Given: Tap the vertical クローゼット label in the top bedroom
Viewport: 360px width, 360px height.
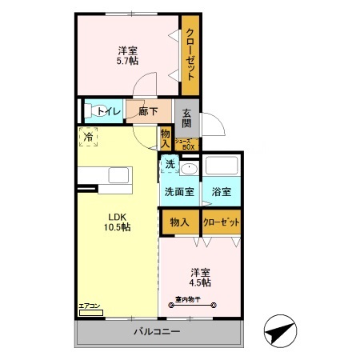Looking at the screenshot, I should (190, 54).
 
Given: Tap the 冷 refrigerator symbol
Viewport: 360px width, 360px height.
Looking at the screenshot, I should (89, 137).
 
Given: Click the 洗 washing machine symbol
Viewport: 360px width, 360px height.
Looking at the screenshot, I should (170, 164).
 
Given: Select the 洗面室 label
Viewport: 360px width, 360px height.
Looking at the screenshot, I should (179, 192).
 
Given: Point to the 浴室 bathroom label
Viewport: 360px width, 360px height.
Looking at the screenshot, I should (221, 192).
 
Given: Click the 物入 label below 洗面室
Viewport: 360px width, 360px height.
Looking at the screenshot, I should (179, 222).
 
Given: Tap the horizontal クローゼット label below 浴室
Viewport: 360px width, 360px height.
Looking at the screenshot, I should (221, 222).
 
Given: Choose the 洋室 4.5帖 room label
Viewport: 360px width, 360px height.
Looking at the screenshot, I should (200, 277).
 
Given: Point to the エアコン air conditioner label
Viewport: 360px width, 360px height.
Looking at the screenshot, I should (90, 306).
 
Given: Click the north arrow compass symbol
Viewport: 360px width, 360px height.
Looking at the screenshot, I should (279, 330).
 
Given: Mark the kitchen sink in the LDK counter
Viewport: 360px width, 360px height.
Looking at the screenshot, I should (118, 176).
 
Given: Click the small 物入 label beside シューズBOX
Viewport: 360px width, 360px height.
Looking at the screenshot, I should (166, 139).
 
